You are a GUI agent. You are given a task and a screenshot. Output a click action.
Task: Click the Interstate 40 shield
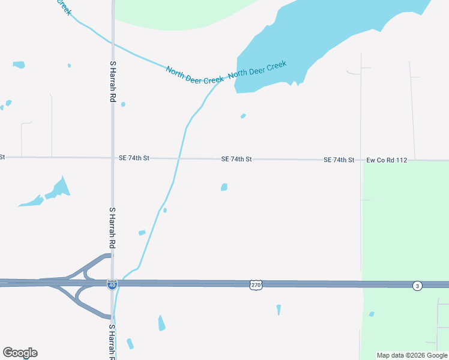tap(112, 284)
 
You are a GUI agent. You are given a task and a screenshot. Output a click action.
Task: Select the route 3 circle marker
tap(417, 286)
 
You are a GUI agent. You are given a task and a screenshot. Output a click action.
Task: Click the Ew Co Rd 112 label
tap(387, 160)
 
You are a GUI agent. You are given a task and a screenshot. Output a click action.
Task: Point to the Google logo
tap(20, 353)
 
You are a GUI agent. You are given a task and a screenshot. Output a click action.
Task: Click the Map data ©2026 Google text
tap(412, 355)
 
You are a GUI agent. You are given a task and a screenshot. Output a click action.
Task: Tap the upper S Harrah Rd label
tap(112, 81)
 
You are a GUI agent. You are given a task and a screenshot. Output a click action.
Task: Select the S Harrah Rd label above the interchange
tap(112, 229)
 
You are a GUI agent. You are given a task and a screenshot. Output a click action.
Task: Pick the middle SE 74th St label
tap(237, 159)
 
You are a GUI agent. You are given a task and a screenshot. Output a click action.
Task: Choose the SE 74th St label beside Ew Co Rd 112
tap(339, 160)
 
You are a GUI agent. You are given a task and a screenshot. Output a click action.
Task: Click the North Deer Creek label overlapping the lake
tap(258, 71)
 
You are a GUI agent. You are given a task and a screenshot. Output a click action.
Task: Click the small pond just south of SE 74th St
tap(224, 187)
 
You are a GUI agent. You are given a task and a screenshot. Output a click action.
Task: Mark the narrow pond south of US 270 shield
tap(279, 310)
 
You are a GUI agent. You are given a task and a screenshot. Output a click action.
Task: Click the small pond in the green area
tap(372, 314)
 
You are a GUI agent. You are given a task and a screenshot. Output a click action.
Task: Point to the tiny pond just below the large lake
tap(243, 116)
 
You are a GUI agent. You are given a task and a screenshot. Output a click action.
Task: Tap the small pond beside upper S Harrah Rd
tap(123, 104)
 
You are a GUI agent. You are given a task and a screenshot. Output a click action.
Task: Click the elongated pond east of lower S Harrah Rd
tap(161, 323)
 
